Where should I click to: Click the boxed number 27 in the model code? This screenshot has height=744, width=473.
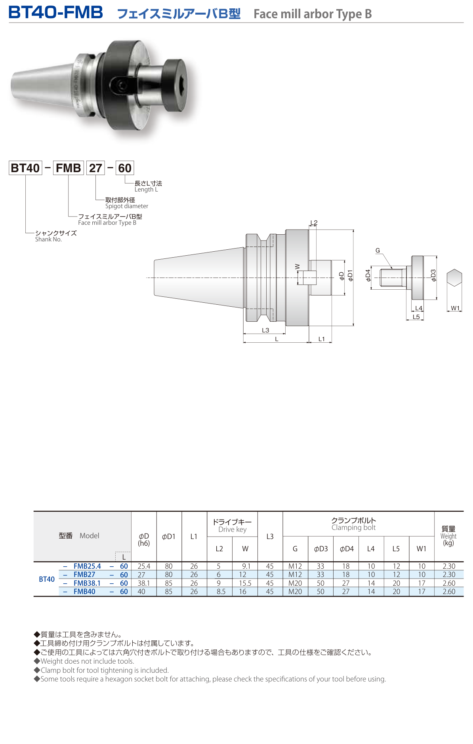pyautogui.click(x=95, y=168)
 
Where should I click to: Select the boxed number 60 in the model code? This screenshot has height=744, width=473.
pyautogui.click(x=125, y=168)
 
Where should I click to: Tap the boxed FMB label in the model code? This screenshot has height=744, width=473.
pyautogui.click(x=68, y=168)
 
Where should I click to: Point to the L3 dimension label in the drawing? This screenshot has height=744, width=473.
pyautogui.click(x=265, y=330)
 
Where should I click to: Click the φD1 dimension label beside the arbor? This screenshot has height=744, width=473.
pyautogui.click(x=350, y=275)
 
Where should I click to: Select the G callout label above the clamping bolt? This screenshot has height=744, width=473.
pyautogui.click(x=378, y=251)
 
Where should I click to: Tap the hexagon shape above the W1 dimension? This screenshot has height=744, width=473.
pyautogui.click(x=454, y=277)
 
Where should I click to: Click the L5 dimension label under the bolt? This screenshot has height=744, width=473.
pyautogui.click(x=416, y=317)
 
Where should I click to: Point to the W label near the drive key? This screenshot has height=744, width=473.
pyautogui.click(x=298, y=267)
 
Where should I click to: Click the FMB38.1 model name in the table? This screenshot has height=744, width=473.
pyautogui.click(x=87, y=583)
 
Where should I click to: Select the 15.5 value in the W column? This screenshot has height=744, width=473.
pyautogui.click(x=245, y=583)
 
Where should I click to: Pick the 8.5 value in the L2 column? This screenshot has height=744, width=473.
pyautogui.click(x=221, y=592)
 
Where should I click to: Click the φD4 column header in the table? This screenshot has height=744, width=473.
pyautogui.click(x=346, y=549)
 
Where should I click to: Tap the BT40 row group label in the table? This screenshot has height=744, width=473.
pyautogui.click(x=47, y=579)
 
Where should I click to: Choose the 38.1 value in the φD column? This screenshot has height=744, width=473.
pyautogui.click(x=143, y=583)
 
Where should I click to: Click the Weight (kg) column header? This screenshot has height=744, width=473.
pyautogui.click(x=448, y=536)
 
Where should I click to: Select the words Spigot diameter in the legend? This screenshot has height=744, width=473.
pyautogui.click(x=127, y=206)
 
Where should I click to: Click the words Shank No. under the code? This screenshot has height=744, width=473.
pyautogui.click(x=48, y=239)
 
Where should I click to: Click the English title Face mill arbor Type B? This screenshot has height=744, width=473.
pyautogui.click(x=313, y=14)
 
